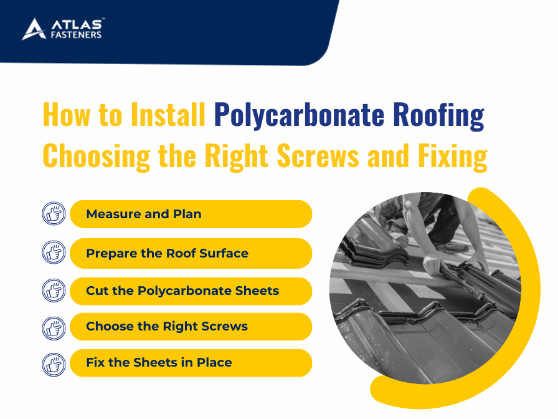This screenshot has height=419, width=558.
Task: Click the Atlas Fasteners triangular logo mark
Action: coord(34,29)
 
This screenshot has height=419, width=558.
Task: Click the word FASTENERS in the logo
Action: coord(76,34)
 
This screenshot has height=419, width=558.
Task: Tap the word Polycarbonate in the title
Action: coord(299,115)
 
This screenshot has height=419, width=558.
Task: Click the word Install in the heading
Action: coord(168,115)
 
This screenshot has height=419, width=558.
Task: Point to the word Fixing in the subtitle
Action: coord(452,156)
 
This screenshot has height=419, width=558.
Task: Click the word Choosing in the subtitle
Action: coord(96,156)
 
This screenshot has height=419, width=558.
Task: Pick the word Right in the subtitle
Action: coord(236,156)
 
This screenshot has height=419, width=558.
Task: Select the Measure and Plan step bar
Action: coord(191,214)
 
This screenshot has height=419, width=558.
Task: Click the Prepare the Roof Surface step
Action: coord(191,253)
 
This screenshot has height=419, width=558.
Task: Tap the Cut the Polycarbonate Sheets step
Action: coord(191,291)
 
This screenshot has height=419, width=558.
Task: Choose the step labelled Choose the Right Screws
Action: coord(191,327)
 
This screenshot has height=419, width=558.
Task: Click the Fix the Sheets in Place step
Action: coord(191,363)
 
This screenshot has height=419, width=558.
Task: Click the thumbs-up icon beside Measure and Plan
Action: coord(54,214)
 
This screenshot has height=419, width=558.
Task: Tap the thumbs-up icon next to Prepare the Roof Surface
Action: coord(54,253)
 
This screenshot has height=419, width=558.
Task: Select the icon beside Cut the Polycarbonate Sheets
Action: coord(54,291)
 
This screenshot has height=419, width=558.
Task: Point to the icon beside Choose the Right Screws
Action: coord(54,329)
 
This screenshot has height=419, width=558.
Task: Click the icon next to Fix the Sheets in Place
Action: coord(54,365)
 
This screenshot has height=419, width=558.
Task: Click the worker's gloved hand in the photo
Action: coord(432,264)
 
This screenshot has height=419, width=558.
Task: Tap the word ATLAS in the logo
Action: coord(77,24)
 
